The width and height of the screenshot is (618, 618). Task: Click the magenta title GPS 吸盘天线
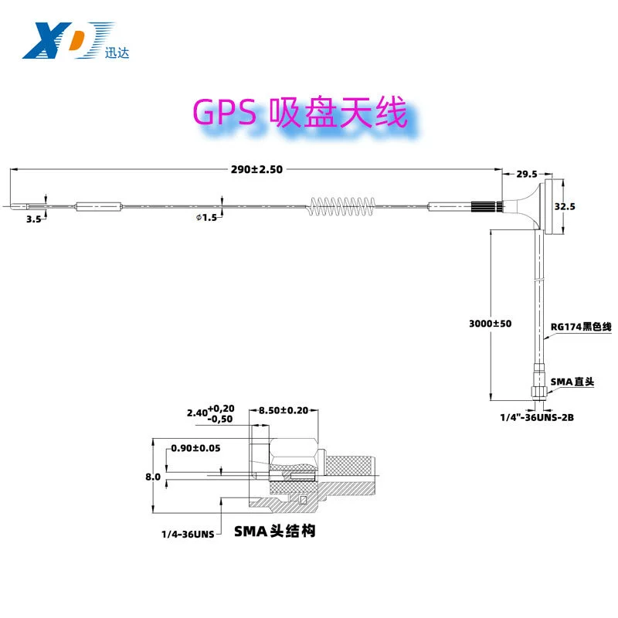[x=300, y=113]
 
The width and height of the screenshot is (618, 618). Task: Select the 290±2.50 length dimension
[x=256, y=169]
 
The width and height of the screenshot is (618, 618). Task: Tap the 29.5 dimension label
[x=527, y=174]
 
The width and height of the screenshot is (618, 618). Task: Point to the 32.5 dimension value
[x=565, y=206]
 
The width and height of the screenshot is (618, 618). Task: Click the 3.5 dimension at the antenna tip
[x=33, y=219]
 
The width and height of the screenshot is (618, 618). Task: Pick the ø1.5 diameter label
[x=206, y=217]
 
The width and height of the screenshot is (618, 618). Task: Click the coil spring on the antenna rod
[x=341, y=206]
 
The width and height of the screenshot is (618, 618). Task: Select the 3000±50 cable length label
[x=490, y=324]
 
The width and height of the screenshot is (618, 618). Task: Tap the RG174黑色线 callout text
[x=581, y=326]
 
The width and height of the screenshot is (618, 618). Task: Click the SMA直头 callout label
[x=572, y=382]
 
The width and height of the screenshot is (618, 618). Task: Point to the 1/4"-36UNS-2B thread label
[x=537, y=417]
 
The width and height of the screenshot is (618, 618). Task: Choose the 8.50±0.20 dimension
[x=284, y=410]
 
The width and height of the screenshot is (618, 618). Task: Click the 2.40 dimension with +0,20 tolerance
[x=210, y=413]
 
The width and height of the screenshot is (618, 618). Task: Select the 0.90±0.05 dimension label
[x=195, y=448]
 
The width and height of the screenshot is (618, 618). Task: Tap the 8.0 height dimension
[x=153, y=477]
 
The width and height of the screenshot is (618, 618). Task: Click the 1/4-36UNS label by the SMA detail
[x=188, y=535]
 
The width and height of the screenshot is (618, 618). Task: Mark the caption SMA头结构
[x=275, y=531]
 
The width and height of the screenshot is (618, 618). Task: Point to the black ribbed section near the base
[x=487, y=206]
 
